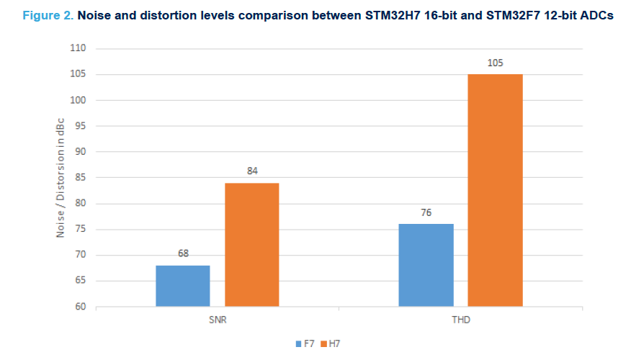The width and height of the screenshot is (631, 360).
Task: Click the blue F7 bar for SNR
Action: point(183,286)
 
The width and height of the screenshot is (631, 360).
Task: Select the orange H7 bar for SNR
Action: point(252,245)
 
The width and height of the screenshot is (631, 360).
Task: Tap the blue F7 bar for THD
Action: point(426,265)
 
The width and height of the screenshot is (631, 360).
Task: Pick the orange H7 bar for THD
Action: point(495,190)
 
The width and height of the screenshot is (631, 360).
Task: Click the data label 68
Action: point(183,254)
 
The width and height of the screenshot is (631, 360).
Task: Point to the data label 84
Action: point(252,171)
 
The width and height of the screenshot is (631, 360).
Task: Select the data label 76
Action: point(426,212)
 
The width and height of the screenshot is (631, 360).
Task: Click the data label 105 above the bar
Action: point(495,63)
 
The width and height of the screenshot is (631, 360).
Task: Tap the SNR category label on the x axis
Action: point(218,319)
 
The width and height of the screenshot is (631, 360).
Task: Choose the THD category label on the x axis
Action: point(460,319)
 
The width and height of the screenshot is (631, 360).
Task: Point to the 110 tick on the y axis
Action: point(78,48)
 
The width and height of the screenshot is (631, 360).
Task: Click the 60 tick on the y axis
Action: point(80,307)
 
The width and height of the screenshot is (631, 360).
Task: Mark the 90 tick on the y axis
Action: point(80,152)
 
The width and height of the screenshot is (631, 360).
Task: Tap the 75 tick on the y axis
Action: point(80,230)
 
